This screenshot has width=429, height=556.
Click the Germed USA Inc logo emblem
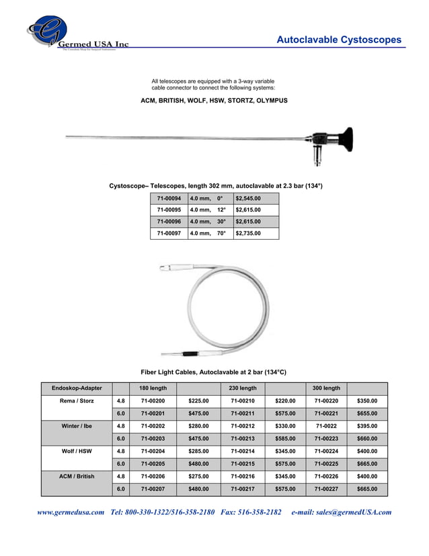47,30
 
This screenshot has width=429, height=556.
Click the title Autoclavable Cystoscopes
339,40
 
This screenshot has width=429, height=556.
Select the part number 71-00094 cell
169,199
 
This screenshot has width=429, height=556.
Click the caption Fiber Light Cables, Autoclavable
213,372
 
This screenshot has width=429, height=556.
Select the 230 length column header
243,388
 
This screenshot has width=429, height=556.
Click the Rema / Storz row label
77,401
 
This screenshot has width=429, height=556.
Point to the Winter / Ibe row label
77,426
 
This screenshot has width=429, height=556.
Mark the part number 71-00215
243,464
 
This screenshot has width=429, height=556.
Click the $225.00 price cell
198,401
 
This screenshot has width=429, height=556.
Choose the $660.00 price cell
366,439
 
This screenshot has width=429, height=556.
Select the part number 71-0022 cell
326,426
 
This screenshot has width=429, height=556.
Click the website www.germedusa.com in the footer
71,512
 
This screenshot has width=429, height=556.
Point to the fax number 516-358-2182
261,512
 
